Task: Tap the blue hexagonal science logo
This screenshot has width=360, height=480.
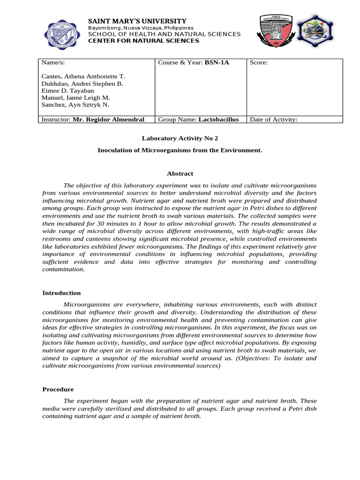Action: point(316,33)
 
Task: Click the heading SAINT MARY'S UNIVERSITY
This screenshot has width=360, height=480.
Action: point(137,21)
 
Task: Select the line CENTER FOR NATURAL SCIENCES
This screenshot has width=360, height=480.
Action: point(143,41)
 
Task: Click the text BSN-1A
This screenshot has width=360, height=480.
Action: point(217,62)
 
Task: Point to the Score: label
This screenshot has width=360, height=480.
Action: point(259,62)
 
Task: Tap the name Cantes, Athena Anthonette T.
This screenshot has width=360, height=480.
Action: point(83,76)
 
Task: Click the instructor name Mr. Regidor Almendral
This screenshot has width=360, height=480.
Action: point(108,120)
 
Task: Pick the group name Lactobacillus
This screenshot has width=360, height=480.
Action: point(218,120)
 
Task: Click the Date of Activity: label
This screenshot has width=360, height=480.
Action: point(274,120)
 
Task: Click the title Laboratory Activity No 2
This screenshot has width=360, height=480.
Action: point(180,138)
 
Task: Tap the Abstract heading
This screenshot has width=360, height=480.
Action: point(180,173)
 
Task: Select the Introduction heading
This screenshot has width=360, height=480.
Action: point(61,293)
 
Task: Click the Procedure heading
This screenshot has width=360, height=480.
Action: point(58,389)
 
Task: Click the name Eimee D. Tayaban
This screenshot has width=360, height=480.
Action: point(67,90)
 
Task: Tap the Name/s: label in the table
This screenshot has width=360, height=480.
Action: point(52,62)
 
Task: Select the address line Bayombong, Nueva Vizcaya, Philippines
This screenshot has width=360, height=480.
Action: point(141,28)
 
